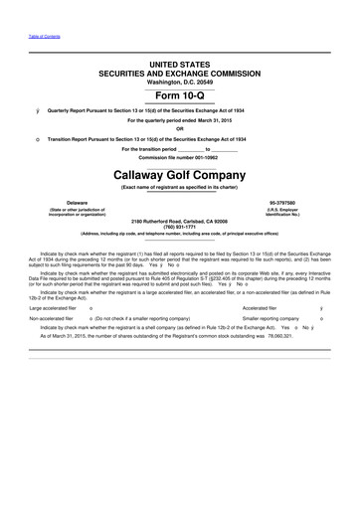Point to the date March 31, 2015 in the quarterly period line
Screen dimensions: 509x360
pos(217,121)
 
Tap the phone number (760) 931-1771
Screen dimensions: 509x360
pos(180,225)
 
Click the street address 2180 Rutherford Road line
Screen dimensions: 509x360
pos(180,218)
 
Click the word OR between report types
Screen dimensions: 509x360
pos(180,129)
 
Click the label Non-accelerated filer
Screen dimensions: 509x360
pos(45,319)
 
